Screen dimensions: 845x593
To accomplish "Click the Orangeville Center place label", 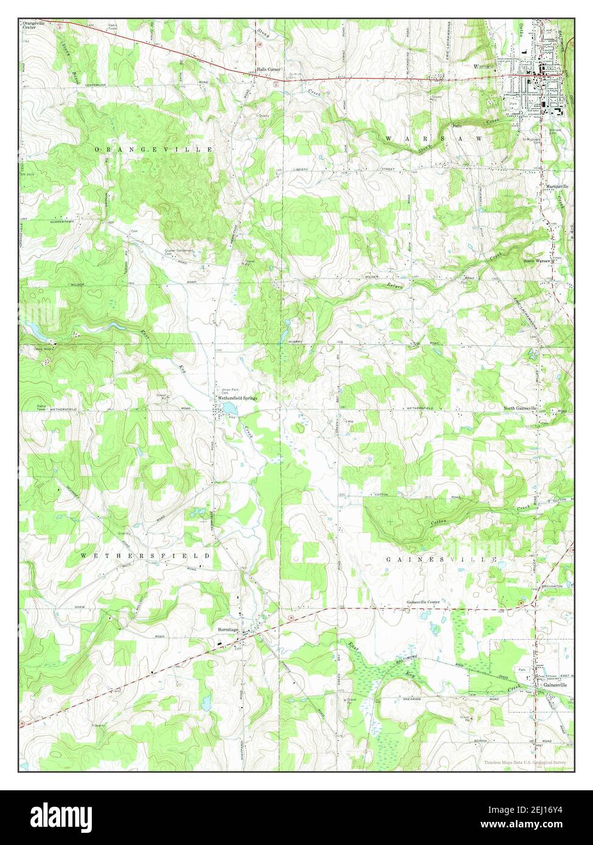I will tap(33, 25).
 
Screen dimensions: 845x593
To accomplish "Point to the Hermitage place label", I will tap(226, 630).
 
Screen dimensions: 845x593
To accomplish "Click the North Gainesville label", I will tap(521, 408).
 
